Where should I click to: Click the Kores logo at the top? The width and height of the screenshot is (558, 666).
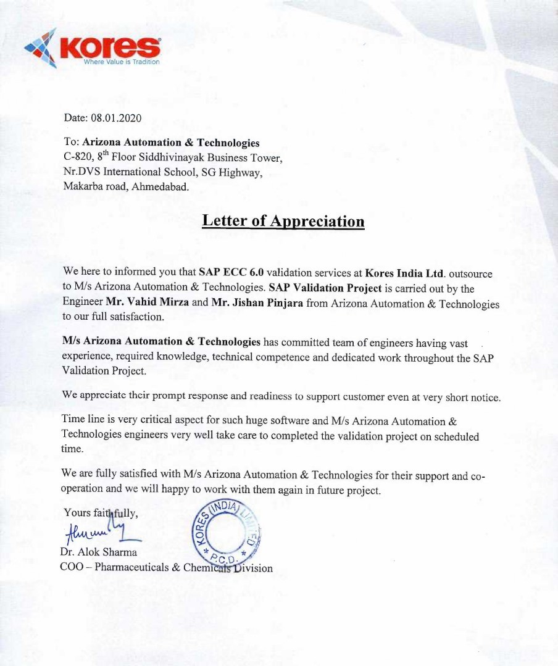tap(93, 48)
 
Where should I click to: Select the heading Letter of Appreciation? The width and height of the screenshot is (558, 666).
tap(283, 221)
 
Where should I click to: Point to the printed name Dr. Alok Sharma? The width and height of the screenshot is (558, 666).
tap(99, 552)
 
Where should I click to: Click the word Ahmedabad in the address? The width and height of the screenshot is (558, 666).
tap(162, 186)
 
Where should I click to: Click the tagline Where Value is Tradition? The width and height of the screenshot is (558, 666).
tap(122, 62)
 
